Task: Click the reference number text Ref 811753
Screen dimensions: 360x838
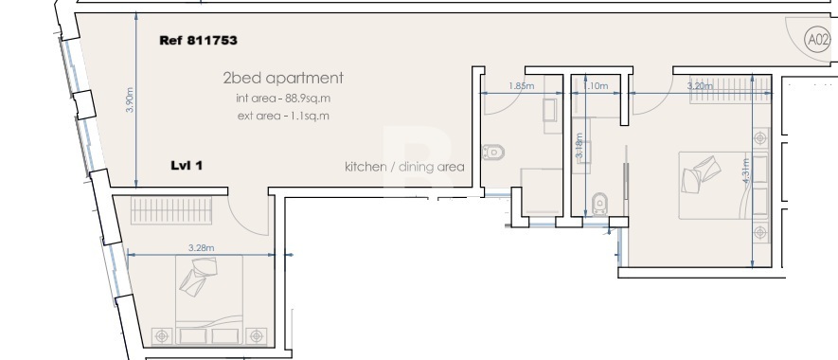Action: [199, 41]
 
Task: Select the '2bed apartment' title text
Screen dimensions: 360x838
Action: [283, 79]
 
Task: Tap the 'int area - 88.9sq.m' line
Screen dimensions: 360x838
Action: [283, 99]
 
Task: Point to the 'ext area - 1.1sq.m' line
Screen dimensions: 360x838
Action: [283, 116]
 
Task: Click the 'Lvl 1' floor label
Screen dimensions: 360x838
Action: [186, 165]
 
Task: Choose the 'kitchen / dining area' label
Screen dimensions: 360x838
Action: [404, 167]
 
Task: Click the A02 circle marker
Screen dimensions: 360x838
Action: [816, 41]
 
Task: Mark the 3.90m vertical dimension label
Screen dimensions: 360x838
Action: [131, 99]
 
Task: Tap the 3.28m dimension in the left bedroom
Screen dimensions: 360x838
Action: [200, 248]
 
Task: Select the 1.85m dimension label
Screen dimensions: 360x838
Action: [520, 86]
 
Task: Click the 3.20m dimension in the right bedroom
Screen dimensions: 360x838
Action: [700, 86]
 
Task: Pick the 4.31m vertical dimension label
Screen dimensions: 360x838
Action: [746, 173]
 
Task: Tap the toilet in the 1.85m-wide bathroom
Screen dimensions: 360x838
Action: [492, 152]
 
